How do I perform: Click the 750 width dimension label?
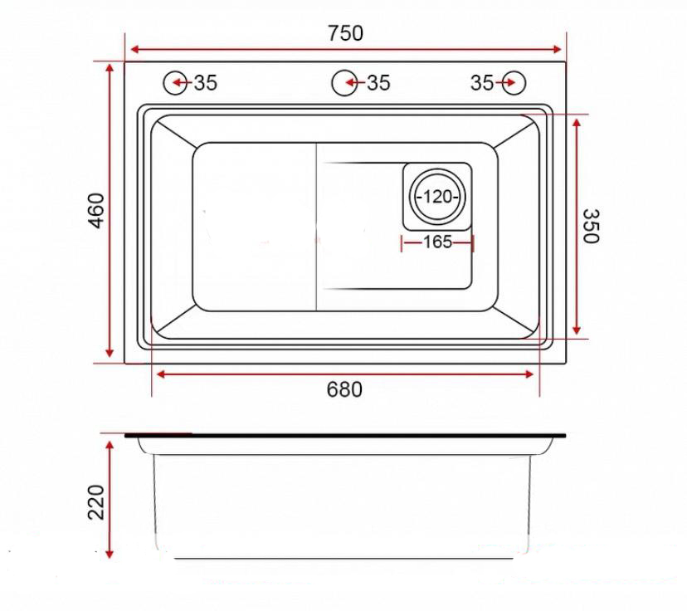(346, 33)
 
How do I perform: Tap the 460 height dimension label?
(97, 211)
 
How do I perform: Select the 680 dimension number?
(344, 389)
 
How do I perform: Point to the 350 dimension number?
(591, 226)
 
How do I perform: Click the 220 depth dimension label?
(97, 502)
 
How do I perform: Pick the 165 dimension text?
(437, 242)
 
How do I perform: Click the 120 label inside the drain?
(437, 197)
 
